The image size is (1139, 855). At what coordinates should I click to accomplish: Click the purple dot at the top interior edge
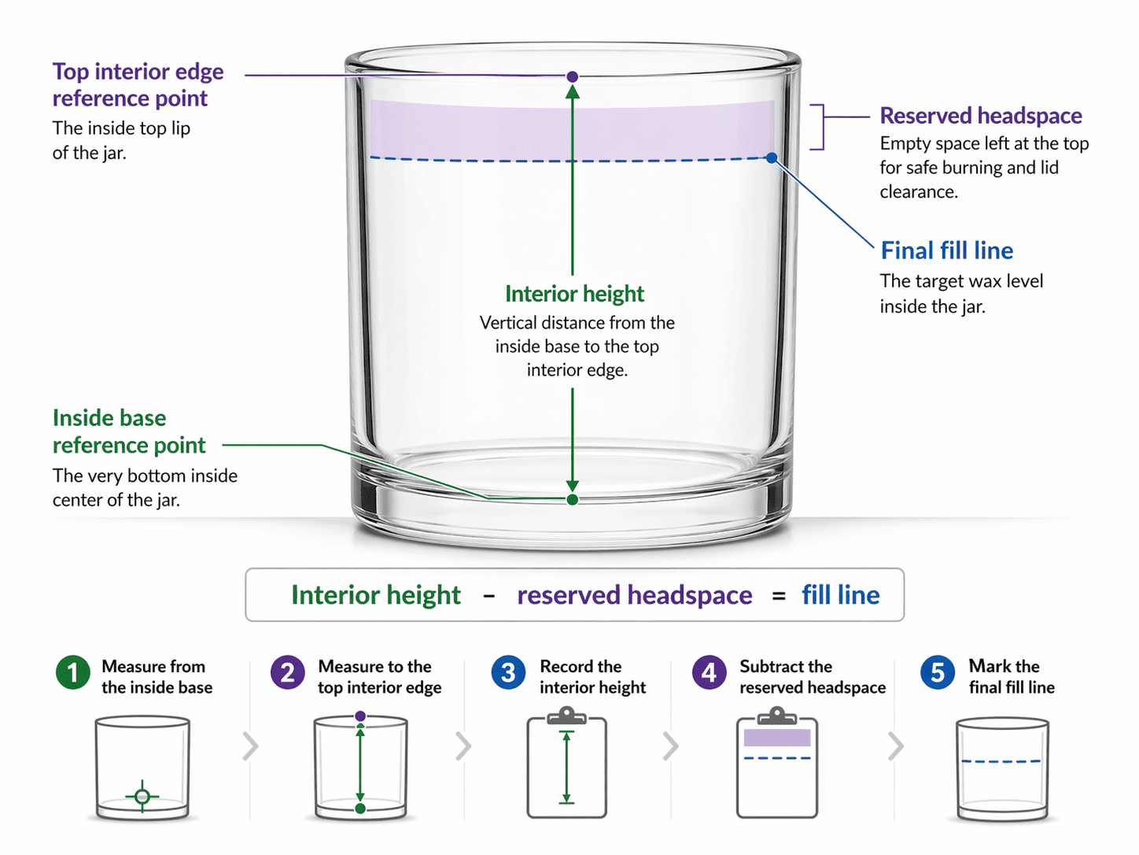[573, 77]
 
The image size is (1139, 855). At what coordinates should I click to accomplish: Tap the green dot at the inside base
[573, 500]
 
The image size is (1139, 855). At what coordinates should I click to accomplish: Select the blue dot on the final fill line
[772, 157]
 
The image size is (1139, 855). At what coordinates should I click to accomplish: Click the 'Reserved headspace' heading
[981, 115]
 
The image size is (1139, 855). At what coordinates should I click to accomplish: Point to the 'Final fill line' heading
[947, 250]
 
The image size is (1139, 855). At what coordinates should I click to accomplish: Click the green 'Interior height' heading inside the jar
[574, 294]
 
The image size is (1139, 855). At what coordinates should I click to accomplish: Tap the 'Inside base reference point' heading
[129, 431]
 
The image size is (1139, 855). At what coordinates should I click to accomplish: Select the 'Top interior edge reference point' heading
[138, 84]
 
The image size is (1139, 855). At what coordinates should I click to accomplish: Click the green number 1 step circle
[72, 672]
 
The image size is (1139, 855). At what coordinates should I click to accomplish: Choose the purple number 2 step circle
[287, 672]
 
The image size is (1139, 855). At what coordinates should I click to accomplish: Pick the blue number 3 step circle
[508, 672]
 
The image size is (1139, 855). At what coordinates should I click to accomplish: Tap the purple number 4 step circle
[710, 672]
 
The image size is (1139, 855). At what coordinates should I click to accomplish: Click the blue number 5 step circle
[938, 672]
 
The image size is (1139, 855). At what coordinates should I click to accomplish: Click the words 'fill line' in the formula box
[841, 595]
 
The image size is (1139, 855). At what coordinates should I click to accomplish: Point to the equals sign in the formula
[779, 597]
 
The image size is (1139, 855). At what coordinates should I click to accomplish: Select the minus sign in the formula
[488, 596]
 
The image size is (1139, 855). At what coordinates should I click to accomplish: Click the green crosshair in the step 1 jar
[142, 796]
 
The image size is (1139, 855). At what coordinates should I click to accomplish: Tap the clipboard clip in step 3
[566, 715]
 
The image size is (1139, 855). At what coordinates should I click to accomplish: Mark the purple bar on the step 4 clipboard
[777, 738]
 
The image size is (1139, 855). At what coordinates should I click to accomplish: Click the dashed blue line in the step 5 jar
[1001, 761]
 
